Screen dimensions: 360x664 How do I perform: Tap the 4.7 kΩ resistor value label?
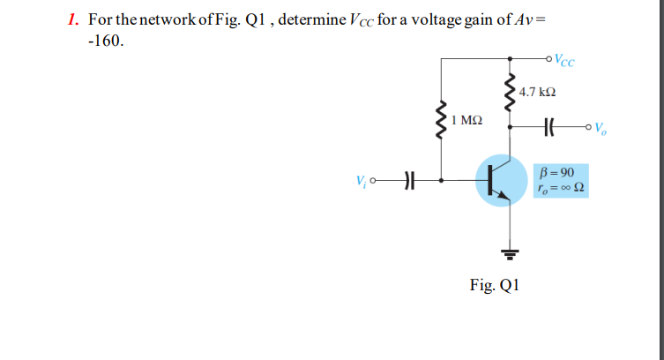click(x=537, y=92)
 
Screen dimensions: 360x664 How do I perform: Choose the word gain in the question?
click(x=477, y=19)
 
